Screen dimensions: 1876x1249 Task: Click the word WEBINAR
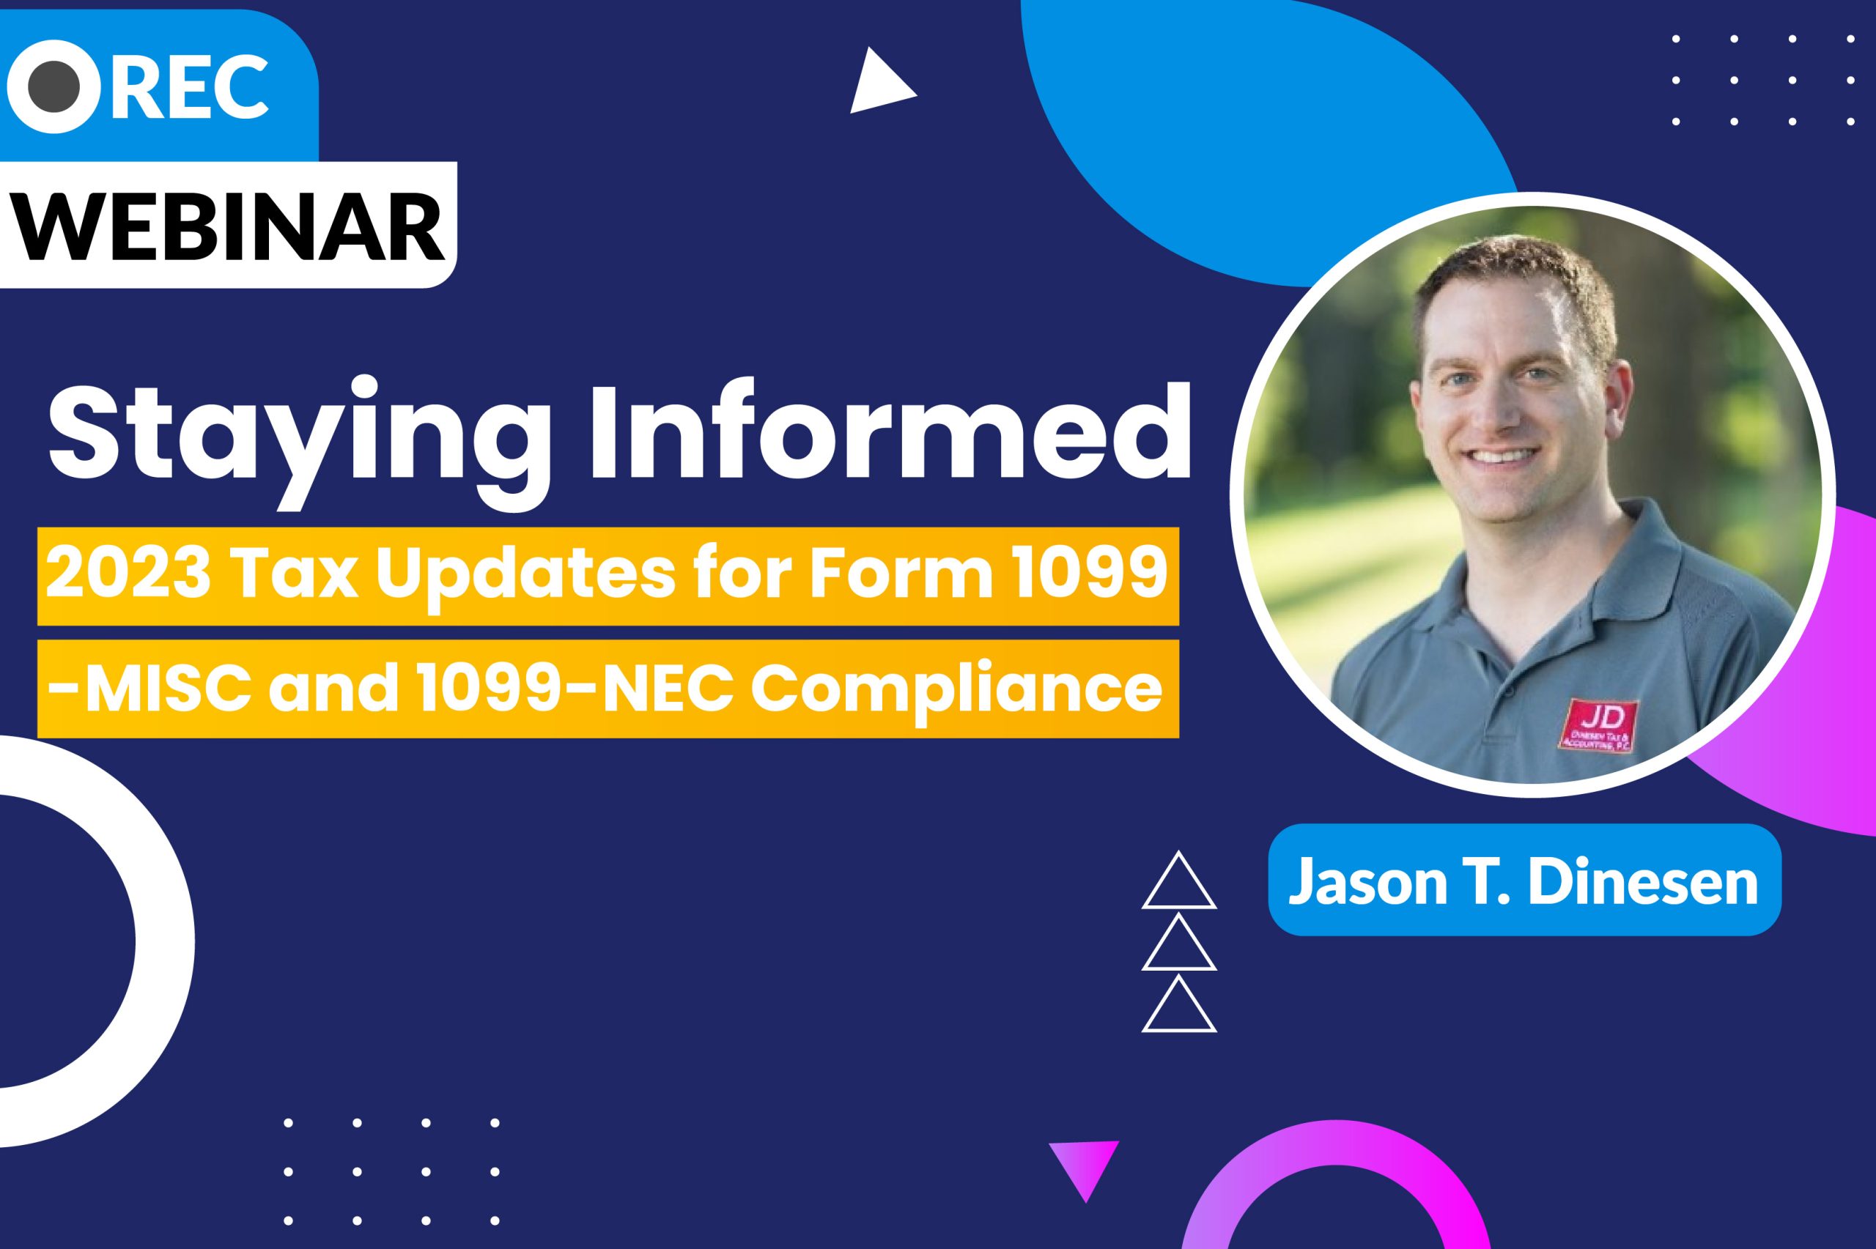click(x=231, y=224)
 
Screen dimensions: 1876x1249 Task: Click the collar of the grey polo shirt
click(x=1498, y=590)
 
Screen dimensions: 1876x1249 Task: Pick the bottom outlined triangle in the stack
click(x=1179, y=1005)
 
